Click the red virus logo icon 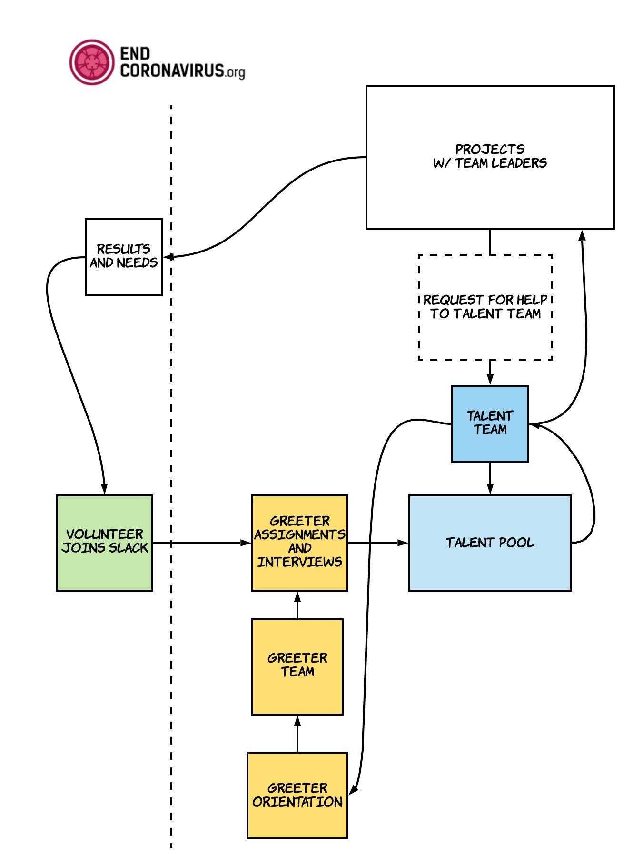click(x=92, y=62)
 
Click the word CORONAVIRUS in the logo click(x=171, y=71)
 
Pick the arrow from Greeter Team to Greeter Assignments click(x=297, y=605)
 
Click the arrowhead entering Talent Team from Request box click(x=490, y=379)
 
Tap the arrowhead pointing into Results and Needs click(x=168, y=257)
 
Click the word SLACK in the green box click(x=129, y=548)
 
